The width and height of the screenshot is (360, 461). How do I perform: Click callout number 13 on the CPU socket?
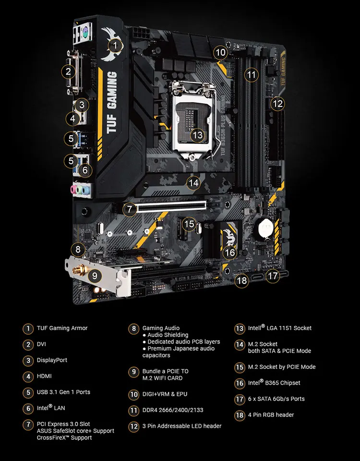pyautogui.click(x=197, y=135)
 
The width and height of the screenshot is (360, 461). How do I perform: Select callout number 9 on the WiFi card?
pyautogui.click(x=95, y=276)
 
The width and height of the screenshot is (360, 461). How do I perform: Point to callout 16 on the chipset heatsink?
pyautogui.click(x=230, y=252)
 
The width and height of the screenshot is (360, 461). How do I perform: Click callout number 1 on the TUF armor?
pyautogui.click(x=114, y=46)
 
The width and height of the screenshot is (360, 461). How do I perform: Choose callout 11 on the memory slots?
pyautogui.click(x=251, y=74)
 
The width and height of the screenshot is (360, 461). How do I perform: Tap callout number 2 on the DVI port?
pyautogui.click(x=69, y=72)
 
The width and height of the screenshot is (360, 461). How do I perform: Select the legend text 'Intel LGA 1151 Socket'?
pyautogui.click(x=280, y=329)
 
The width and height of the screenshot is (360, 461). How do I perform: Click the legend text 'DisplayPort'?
pyautogui.click(x=52, y=360)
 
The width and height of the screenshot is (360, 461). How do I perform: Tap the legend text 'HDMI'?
pyautogui.click(x=44, y=376)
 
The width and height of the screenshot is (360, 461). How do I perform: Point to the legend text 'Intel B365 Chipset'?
pyautogui.click(x=274, y=383)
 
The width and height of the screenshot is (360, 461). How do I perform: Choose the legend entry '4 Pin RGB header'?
pyautogui.click(x=271, y=415)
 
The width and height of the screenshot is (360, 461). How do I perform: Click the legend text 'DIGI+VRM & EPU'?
pyautogui.click(x=165, y=394)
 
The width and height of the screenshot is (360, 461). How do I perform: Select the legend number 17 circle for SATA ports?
pyautogui.click(x=240, y=399)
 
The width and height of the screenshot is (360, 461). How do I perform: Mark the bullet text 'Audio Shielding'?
pyautogui.click(x=168, y=335)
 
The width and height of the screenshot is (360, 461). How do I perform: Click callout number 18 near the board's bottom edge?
pyautogui.click(x=242, y=281)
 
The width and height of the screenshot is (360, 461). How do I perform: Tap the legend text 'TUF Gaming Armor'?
pyautogui.click(x=62, y=329)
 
